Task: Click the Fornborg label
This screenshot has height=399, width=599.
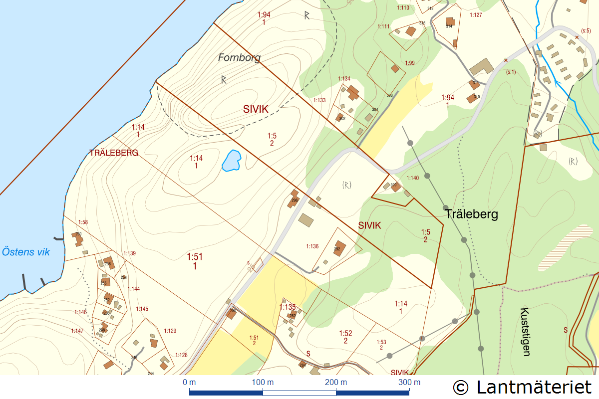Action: pos(239,58)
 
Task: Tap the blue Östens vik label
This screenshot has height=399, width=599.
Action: pos(26,251)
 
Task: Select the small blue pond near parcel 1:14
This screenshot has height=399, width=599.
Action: pos(232,161)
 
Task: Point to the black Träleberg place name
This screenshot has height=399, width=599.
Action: pos(471,214)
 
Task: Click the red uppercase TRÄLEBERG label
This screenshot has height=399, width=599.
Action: pos(113,153)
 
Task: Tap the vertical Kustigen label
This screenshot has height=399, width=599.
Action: pos(525,331)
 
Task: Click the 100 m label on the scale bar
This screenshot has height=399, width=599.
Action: pos(263,383)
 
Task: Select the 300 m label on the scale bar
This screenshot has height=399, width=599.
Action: pos(409,383)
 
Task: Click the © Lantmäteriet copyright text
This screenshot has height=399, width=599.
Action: pos(522,387)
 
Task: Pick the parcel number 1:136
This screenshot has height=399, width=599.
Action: pos(312,246)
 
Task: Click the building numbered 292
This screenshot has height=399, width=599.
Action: pos(338,248)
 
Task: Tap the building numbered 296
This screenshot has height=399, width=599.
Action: pos(293,199)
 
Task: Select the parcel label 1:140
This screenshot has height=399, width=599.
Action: pos(413,178)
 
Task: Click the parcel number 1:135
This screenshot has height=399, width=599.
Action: pos(288,307)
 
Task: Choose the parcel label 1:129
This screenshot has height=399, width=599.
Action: pos(170,331)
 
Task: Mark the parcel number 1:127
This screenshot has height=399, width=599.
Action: pos(476,15)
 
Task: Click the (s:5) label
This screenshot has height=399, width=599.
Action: pos(586,31)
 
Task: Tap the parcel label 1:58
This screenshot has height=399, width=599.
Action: pos(83,222)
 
